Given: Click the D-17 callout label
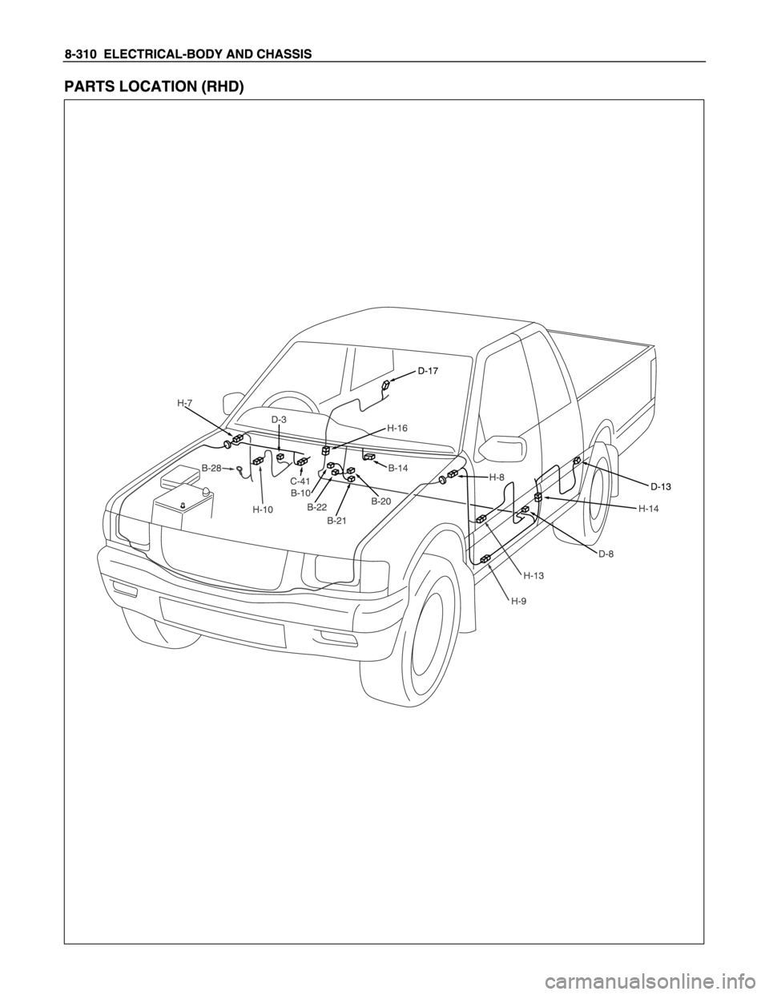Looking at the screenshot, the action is [x=428, y=371].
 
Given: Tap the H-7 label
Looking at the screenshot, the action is [x=184, y=403].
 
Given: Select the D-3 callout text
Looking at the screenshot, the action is [x=279, y=420].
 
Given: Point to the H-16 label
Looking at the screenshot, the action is [x=397, y=428].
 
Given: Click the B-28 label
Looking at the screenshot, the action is [x=211, y=468].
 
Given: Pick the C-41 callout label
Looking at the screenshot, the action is [x=300, y=481].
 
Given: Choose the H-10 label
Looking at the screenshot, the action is [x=263, y=510].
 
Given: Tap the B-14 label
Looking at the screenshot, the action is [x=398, y=469].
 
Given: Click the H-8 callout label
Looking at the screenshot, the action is [x=496, y=477].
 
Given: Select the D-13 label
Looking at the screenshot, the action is [x=661, y=487].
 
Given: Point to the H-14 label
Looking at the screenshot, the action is [x=648, y=509].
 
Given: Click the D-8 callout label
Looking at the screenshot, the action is [x=606, y=554].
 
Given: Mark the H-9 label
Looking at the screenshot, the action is [x=520, y=602].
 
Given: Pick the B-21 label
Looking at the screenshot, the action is [x=337, y=521].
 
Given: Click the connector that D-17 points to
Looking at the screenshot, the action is [x=385, y=385].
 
